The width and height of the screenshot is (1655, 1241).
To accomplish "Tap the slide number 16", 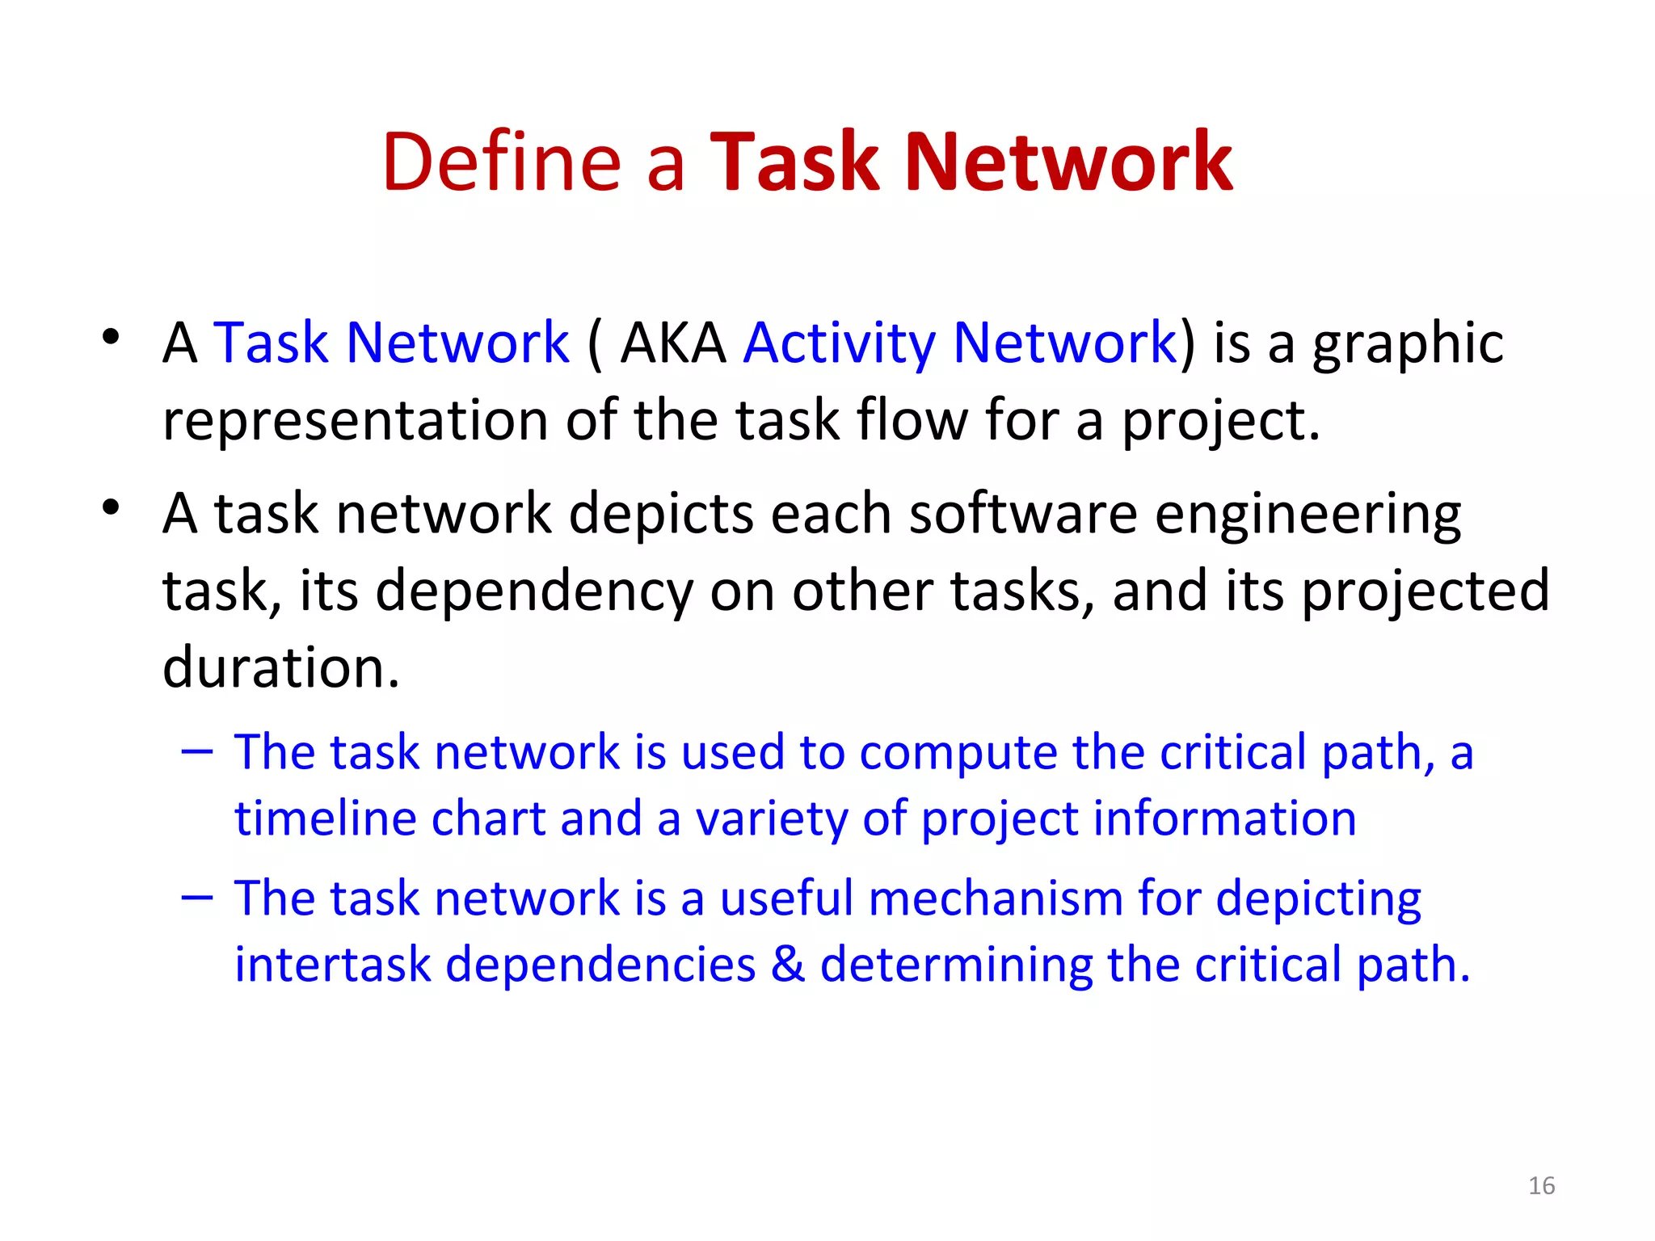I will [1541, 1185].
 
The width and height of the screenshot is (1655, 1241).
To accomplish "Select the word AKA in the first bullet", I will [673, 343].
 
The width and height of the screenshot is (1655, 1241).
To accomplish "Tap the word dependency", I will [533, 591].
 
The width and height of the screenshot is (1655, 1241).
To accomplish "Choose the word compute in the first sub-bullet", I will [958, 753].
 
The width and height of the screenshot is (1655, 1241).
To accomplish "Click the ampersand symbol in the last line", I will [788, 965].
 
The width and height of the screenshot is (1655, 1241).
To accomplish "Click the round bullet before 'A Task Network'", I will [112, 336].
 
